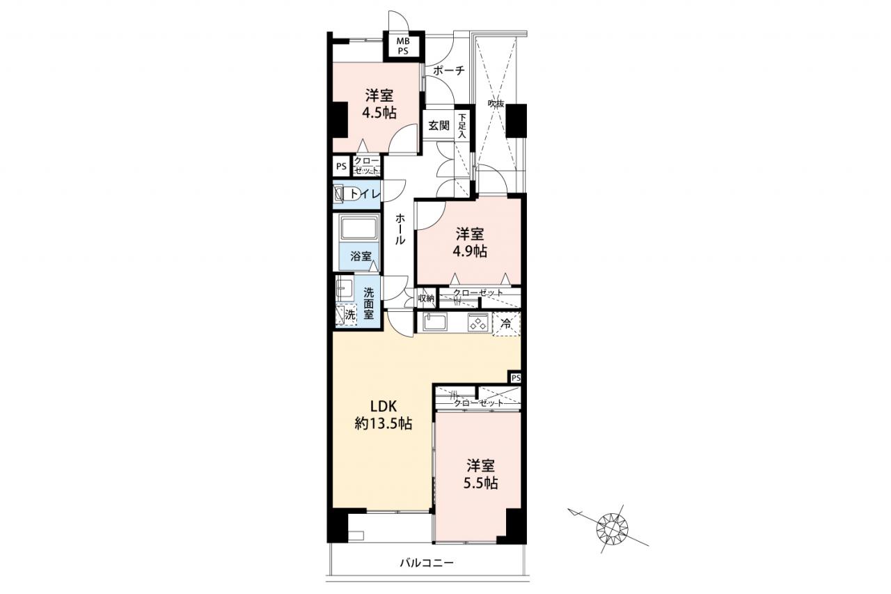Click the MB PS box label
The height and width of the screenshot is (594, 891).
(403, 46)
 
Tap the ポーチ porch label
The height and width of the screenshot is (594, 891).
(449, 71)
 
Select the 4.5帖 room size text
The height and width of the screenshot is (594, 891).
(379, 114)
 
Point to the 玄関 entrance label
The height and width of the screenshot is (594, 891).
(439, 126)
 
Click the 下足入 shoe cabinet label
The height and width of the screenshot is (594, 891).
(462, 126)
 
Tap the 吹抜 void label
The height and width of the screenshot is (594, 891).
(496, 104)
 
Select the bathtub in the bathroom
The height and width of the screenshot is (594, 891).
(360, 228)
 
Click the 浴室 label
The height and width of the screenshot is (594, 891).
(361, 256)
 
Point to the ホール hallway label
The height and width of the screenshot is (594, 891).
(400, 229)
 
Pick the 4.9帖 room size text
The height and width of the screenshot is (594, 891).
(470, 251)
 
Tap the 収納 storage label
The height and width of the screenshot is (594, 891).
(426, 298)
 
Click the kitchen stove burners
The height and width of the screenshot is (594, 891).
(478, 322)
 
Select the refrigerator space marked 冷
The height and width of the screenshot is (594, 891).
(506, 324)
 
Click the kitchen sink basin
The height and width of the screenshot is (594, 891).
(435, 322)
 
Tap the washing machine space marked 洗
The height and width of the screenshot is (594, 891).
(346, 315)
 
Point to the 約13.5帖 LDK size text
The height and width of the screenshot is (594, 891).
(383, 424)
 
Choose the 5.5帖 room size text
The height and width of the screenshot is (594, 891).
(480, 483)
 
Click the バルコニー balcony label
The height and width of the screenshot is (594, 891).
(427, 563)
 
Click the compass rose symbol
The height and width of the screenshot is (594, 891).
(612, 529)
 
